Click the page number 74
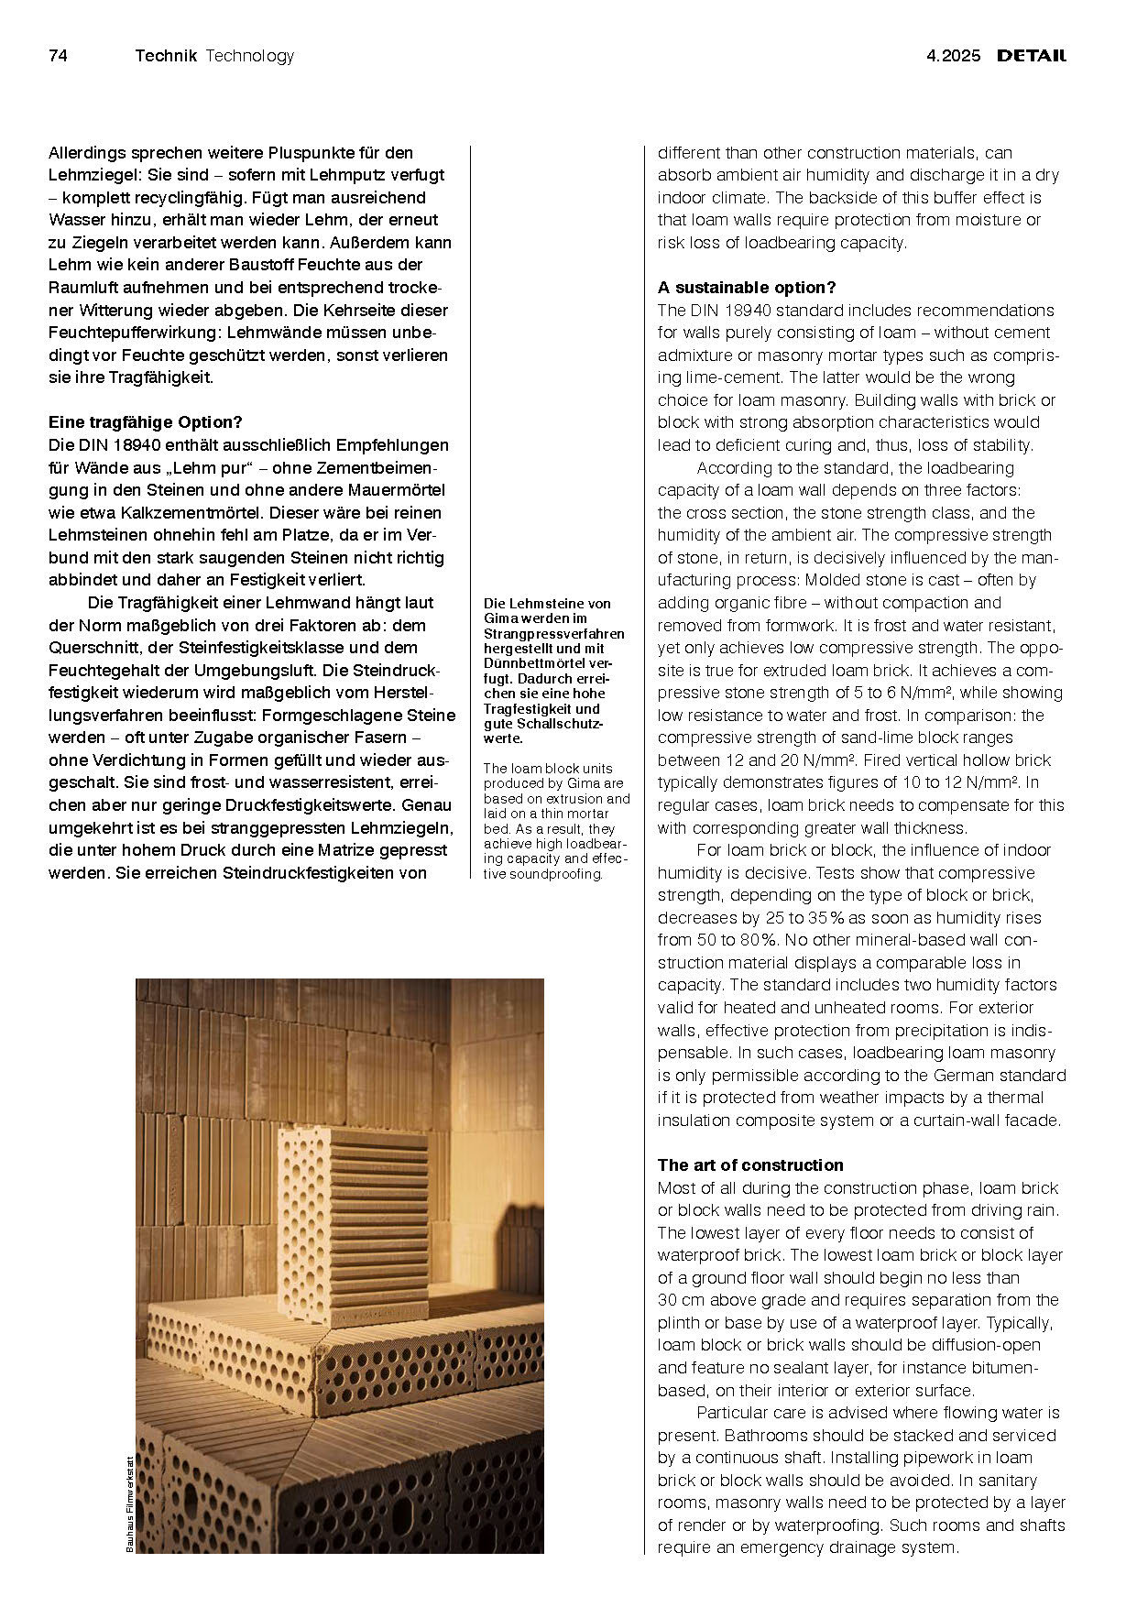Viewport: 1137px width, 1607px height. pos(58,56)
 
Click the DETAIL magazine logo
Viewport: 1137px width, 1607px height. pos(1032,56)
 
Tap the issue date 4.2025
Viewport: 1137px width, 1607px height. pos(954,56)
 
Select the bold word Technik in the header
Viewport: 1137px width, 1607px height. pos(166,56)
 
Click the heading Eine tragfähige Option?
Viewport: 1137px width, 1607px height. pos(145,422)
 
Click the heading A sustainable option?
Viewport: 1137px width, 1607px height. pos(747,288)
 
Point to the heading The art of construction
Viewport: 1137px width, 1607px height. pos(750,1165)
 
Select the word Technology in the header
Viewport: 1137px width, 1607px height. pos(250,56)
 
